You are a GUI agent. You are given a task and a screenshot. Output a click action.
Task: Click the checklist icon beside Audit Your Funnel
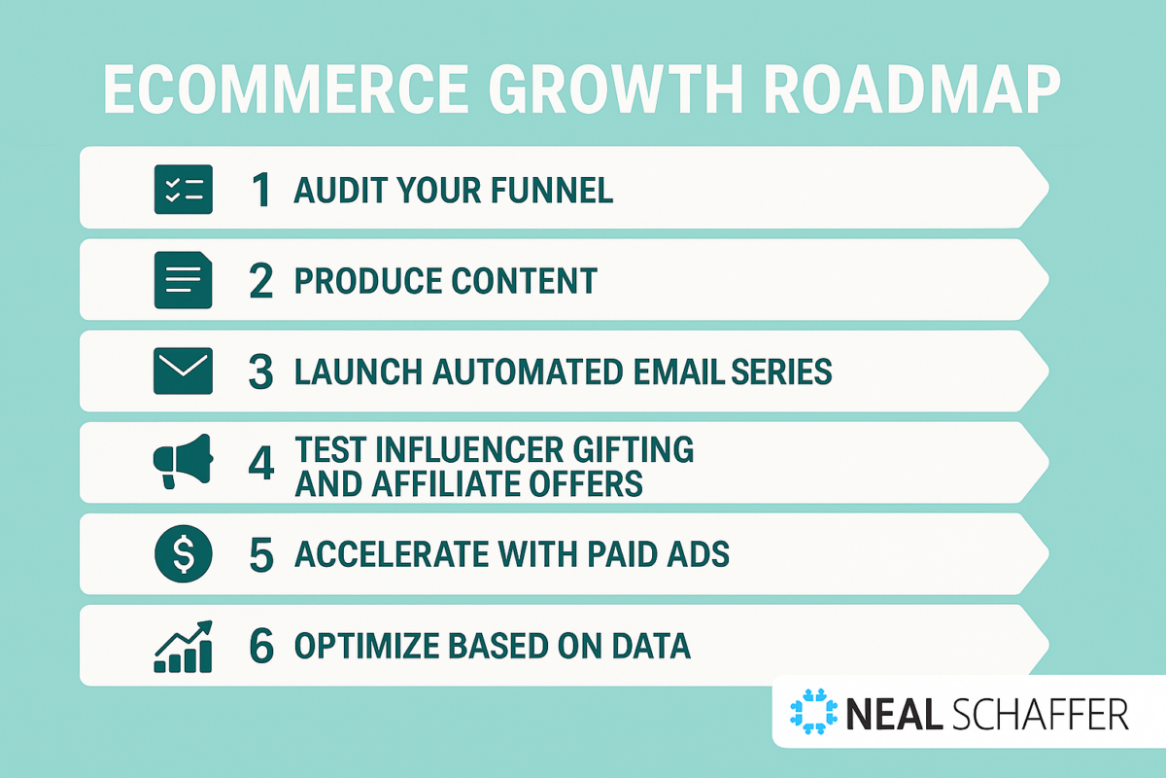[x=183, y=189]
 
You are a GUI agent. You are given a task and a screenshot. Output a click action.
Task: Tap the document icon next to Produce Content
[x=183, y=280]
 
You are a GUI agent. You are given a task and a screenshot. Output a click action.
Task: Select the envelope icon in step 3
[x=183, y=371]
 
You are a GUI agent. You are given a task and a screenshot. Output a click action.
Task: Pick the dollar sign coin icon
[x=183, y=554]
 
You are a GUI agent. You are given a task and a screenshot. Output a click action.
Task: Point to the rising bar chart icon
[x=183, y=646]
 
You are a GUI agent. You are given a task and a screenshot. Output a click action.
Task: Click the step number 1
[x=260, y=190]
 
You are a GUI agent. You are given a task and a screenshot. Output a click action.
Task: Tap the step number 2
[x=260, y=281]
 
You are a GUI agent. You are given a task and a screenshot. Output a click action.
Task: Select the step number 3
[x=260, y=371]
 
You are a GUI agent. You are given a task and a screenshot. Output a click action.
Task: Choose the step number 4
[x=260, y=463]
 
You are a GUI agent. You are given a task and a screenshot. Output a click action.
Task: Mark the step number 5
[x=260, y=554]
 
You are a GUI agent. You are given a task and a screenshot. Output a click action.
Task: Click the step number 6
[x=260, y=646]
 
